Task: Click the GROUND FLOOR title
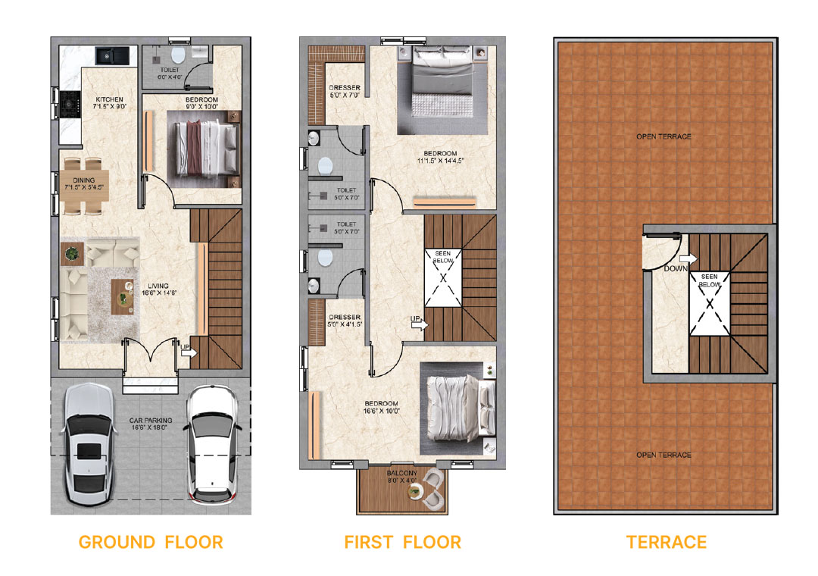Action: (151, 542)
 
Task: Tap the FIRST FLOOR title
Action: (403, 542)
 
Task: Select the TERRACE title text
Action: (667, 542)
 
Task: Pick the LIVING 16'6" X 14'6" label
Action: (159, 290)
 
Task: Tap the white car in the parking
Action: (213, 445)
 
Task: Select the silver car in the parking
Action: (89, 445)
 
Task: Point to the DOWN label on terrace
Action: (676, 268)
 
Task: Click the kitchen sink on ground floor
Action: (112, 55)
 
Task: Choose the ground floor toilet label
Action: (170, 73)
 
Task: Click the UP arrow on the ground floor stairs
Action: (189, 353)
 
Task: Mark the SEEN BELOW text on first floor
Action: (443, 257)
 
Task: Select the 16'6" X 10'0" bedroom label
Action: (381, 407)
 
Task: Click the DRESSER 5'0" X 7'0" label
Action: (345, 92)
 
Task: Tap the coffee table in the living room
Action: (123, 297)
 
